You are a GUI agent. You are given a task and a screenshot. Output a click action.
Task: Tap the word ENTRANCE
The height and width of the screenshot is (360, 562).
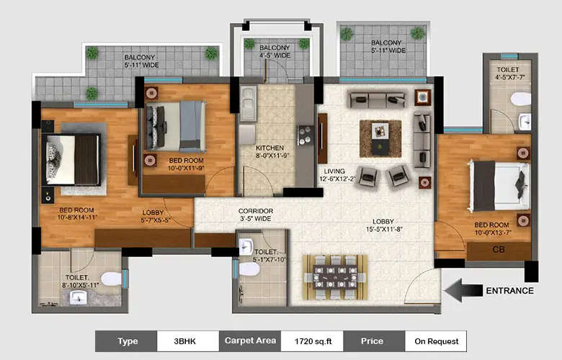click(x=509, y=291)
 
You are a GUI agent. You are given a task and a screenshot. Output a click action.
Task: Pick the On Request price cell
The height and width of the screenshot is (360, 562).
click(x=434, y=341)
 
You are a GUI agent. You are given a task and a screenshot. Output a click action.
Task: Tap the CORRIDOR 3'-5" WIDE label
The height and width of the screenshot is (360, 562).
click(x=255, y=215)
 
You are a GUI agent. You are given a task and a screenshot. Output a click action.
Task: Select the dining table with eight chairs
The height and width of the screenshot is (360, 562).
click(x=334, y=276)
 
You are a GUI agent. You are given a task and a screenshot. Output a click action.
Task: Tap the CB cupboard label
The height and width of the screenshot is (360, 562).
click(x=498, y=251)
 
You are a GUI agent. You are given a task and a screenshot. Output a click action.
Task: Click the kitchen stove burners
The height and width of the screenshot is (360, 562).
click(x=305, y=135)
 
